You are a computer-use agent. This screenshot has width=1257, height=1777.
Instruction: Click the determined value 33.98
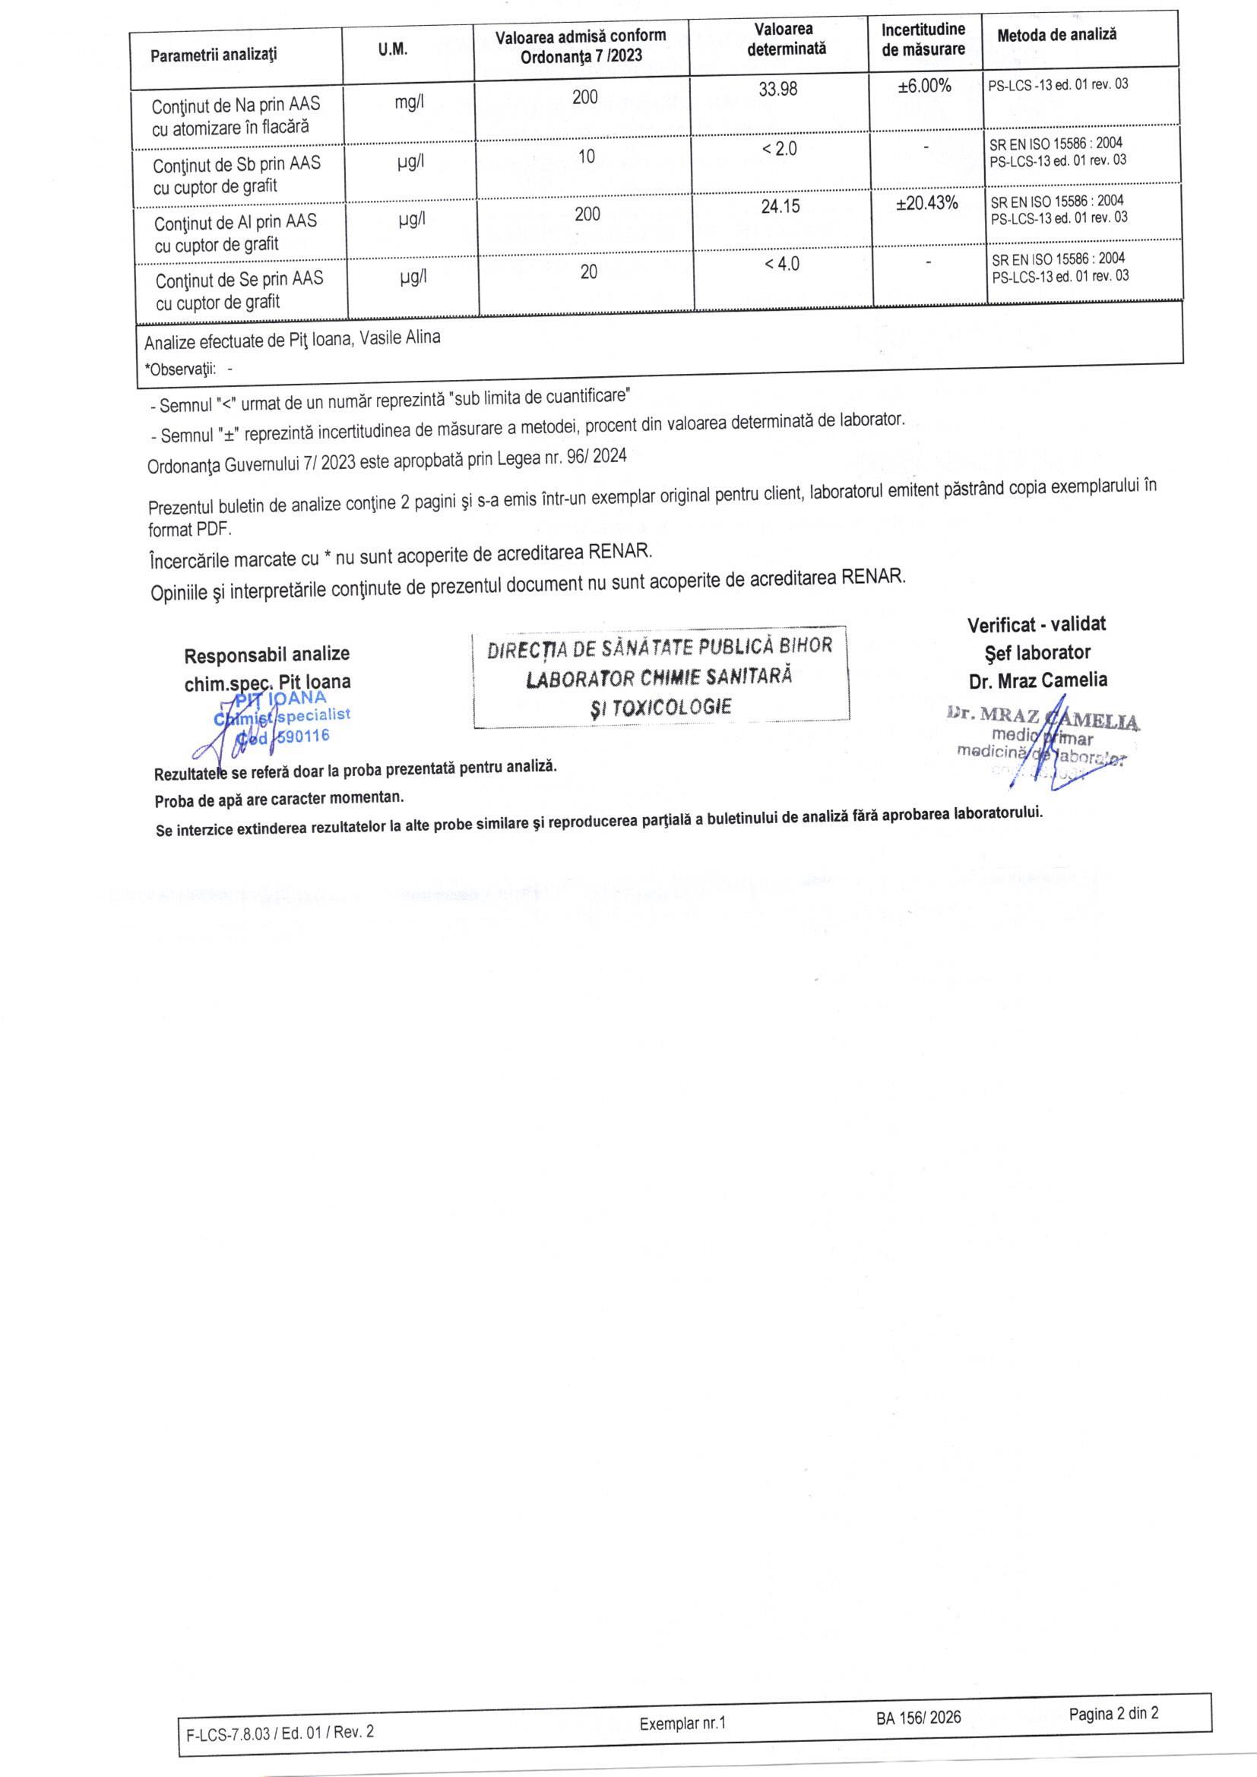pyautogui.click(x=777, y=90)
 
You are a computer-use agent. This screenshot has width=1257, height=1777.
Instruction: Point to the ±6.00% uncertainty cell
pyautogui.click(x=924, y=87)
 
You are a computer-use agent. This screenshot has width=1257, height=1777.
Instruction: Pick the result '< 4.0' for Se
pyautogui.click(x=782, y=264)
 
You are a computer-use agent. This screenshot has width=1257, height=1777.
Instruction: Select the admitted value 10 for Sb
pyautogui.click(x=587, y=157)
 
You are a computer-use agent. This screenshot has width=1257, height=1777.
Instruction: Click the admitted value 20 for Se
pyautogui.click(x=588, y=271)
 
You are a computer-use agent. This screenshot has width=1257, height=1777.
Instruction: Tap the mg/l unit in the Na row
pyautogui.click(x=409, y=103)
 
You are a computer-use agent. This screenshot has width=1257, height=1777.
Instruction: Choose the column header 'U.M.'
pyautogui.click(x=392, y=50)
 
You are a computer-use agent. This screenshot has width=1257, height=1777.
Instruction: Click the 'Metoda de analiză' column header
pyautogui.click(x=1056, y=35)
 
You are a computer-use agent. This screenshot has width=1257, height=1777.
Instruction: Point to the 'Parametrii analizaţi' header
pyautogui.click(x=214, y=55)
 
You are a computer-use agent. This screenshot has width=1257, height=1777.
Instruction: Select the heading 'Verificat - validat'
pyautogui.click(x=1037, y=624)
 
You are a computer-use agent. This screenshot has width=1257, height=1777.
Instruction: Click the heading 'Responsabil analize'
pyautogui.click(x=266, y=654)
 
